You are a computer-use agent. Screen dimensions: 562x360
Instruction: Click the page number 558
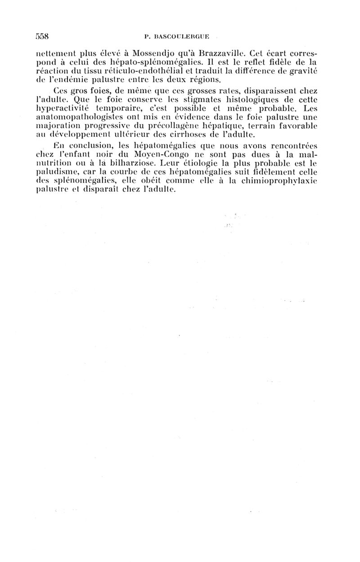coord(42,36)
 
